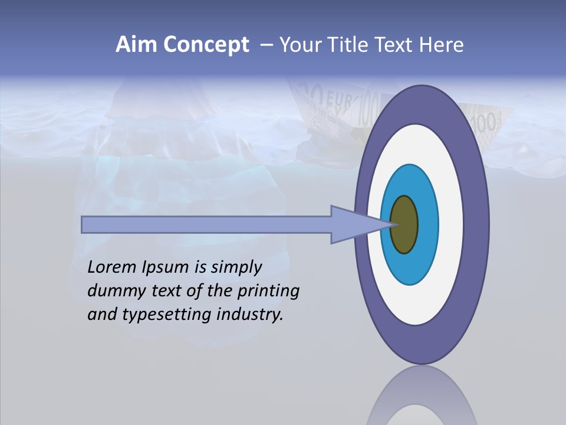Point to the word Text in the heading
tap(396, 45)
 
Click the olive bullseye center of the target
tap(404, 224)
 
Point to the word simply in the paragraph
tap(235, 268)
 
